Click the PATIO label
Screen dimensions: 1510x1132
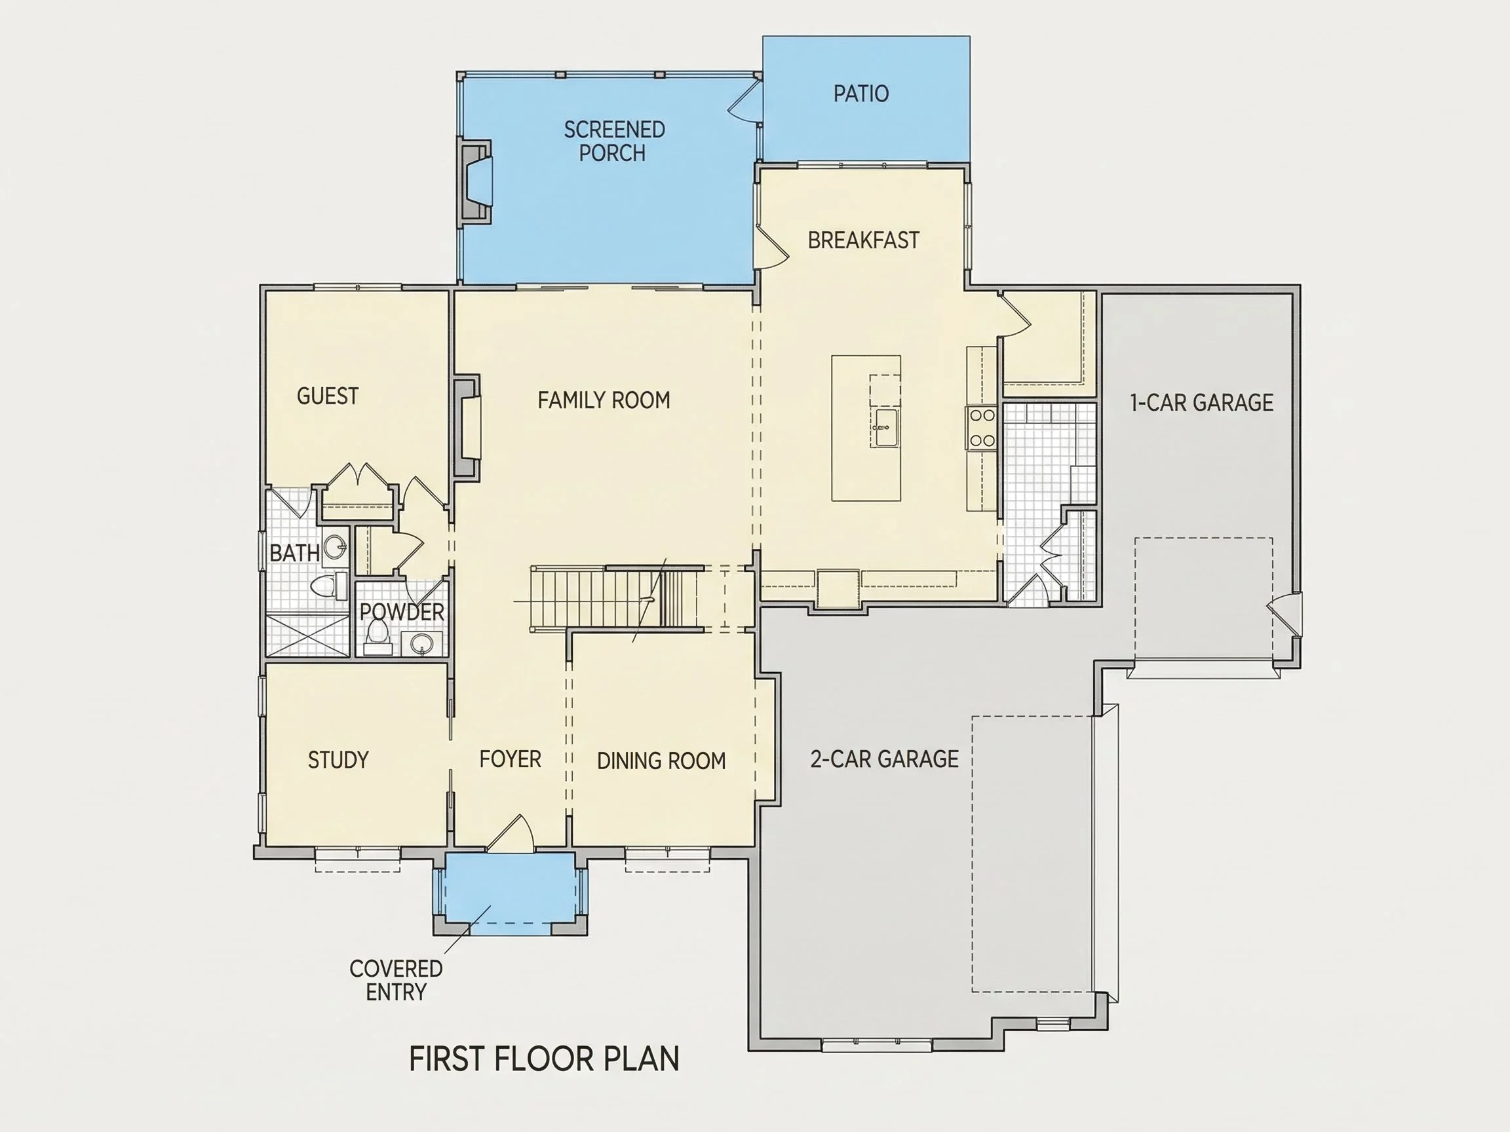861,94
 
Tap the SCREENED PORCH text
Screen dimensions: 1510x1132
613,141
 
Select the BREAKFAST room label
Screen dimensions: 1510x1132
864,240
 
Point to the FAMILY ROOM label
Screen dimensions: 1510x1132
604,400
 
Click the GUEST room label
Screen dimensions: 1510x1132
328,396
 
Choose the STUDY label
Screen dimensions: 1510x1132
338,760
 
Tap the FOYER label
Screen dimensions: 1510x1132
510,759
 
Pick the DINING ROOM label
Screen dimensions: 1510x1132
661,761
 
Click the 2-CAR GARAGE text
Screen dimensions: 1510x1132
884,759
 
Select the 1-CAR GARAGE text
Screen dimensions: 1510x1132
1201,403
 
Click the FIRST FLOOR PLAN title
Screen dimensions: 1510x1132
544,1059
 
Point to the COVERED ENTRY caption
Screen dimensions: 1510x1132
396,980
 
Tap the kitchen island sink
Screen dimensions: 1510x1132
886,427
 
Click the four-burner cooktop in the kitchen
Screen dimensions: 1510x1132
982,428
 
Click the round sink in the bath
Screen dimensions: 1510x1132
334,546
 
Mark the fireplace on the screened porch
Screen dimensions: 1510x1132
476,181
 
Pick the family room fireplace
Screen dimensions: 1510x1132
467,426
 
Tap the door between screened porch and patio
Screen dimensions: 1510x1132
745,100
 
